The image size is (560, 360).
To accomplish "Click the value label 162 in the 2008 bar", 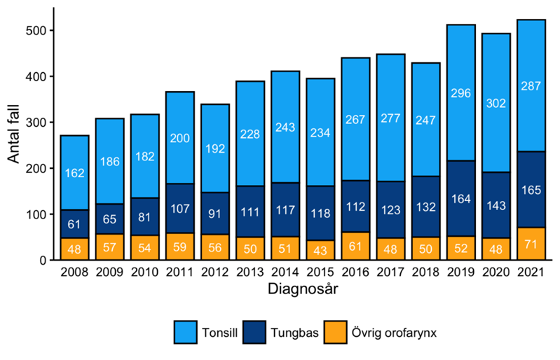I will tap(74, 172).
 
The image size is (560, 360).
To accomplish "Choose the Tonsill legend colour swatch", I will tap(185, 333).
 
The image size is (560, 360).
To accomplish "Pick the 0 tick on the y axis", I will tap(41, 261).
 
